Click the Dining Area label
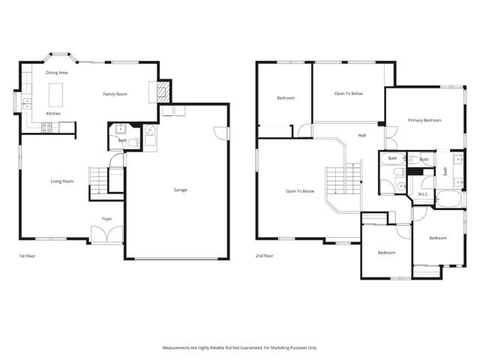[x=57, y=73]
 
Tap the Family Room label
[x=115, y=94]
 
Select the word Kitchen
[x=53, y=113]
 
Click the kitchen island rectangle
[x=55, y=94]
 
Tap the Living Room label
[x=61, y=181]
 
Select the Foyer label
[x=107, y=218]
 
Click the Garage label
[x=181, y=190]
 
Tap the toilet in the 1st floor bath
[x=130, y=142]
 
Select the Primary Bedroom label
[x=424, y=120]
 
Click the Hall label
[x=361, y=135]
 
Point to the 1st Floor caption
[x=27, y=256]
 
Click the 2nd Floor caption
[x=265, y=256]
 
